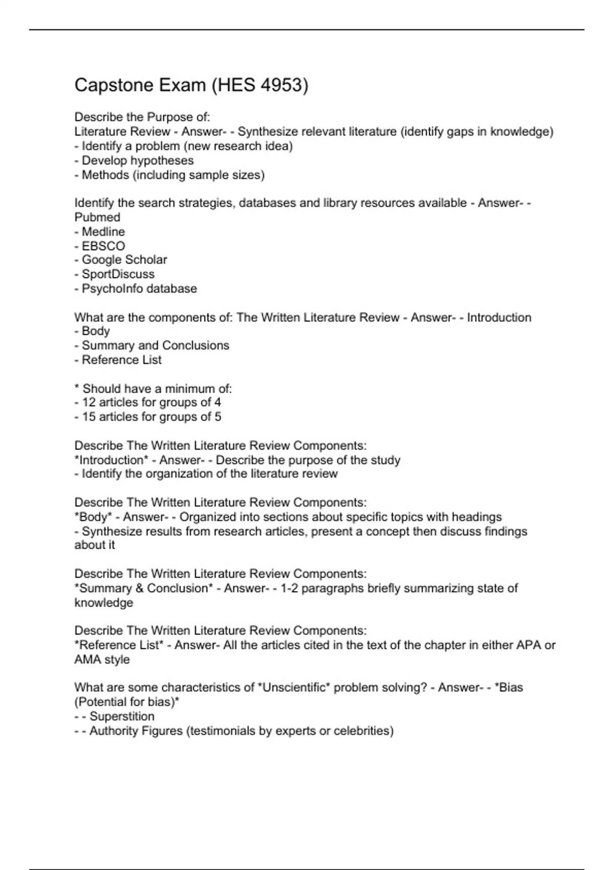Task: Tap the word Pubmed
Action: [x=97, y=217]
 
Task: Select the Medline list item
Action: [x=103, y=231]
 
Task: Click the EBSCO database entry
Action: [x=103, y=246]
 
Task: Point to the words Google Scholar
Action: [x=124, y=260]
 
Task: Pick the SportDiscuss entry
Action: [x=118, y=274]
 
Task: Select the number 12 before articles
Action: [x=89, y=402]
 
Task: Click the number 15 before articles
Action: [x=89, y=417]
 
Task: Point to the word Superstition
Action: [x=122, y=716]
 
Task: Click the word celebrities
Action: [x=363, y=731]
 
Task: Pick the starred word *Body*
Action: [x=93, y=517]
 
